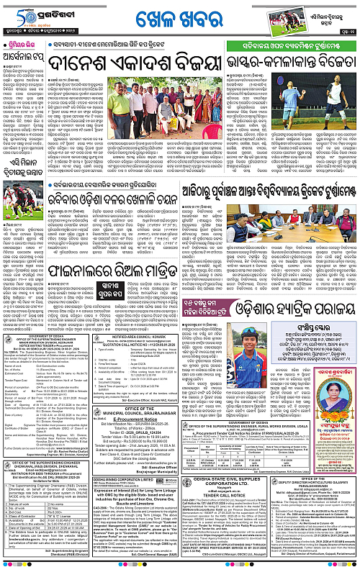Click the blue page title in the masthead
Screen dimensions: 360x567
point(179,14)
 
